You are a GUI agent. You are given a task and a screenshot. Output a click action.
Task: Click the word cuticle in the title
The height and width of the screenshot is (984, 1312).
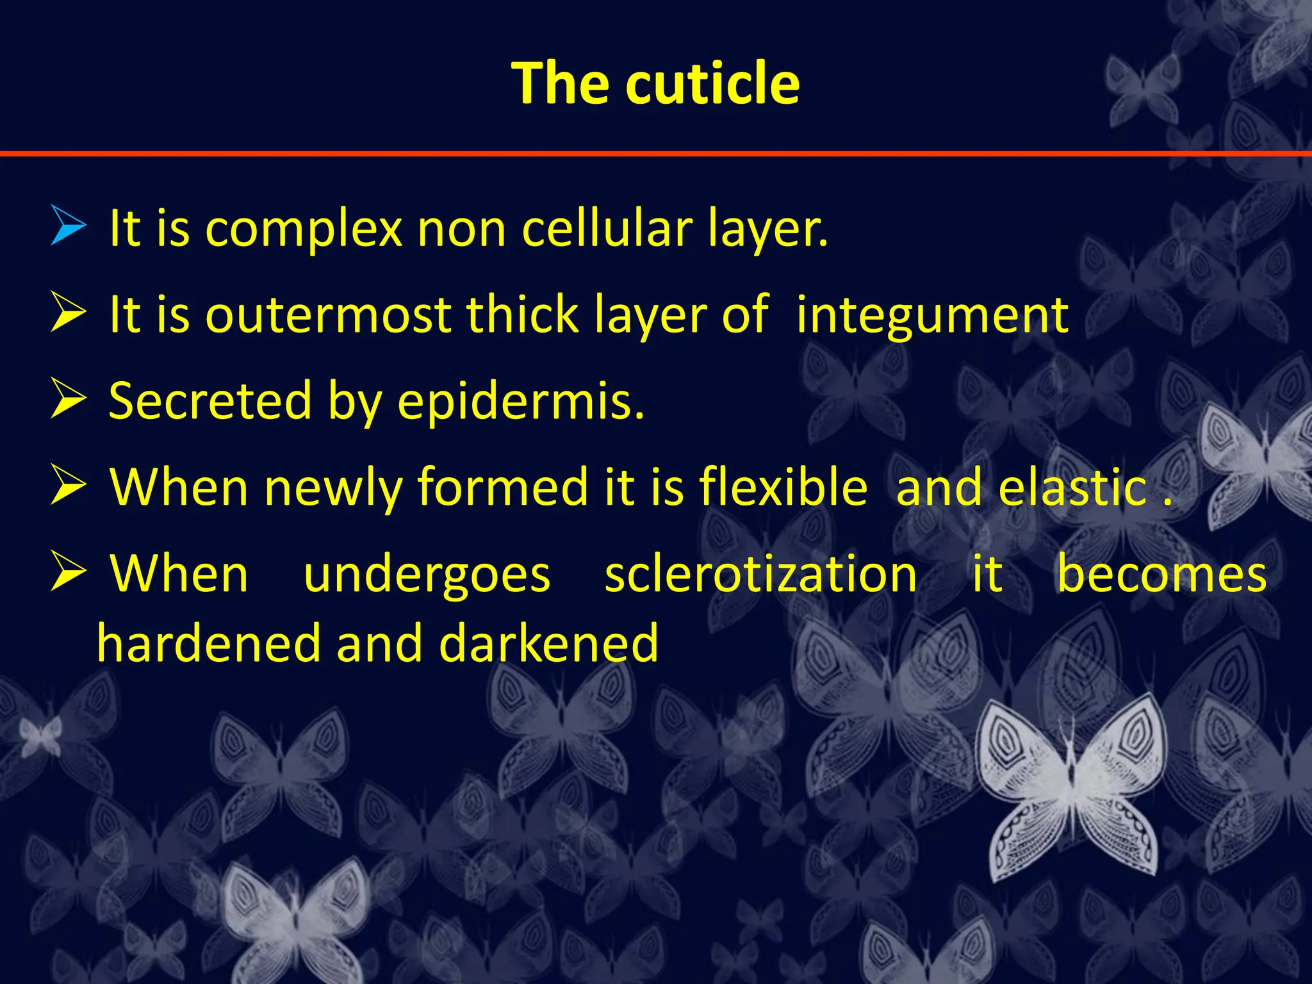click(712, 83)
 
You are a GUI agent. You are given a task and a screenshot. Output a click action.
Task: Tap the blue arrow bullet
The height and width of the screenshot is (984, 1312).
click(68, 225)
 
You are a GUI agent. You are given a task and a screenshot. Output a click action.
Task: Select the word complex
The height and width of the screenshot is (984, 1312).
click(303, 229)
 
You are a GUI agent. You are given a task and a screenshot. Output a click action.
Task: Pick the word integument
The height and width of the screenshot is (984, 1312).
click(932, 316)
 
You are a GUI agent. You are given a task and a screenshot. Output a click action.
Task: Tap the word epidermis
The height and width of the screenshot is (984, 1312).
click(520, 402)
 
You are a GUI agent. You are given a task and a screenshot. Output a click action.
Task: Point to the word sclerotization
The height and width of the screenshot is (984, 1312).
click(760, 574)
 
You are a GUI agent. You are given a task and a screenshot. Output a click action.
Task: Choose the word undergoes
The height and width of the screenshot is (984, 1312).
click(427, 575)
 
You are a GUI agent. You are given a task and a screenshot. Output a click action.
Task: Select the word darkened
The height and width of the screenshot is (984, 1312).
click(548, 643)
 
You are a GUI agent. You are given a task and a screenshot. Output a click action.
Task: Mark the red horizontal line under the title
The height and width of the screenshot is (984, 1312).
click(656, 154)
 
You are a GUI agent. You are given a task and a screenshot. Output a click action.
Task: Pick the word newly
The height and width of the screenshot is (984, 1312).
click(333, 488)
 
